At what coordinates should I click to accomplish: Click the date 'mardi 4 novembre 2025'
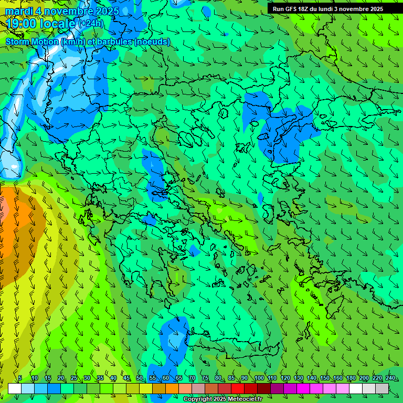62,11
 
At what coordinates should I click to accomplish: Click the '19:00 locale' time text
41,24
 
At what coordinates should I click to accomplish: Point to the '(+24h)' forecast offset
91,24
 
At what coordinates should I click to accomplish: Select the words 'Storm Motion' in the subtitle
32,41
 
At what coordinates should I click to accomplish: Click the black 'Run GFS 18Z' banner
328,8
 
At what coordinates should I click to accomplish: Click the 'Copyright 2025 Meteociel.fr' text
222,399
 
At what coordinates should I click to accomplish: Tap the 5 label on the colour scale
20,378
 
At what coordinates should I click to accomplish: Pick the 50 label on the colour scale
140,378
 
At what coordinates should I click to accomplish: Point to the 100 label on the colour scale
259,378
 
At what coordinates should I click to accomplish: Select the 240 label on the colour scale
390,378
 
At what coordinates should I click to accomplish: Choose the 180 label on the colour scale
351,378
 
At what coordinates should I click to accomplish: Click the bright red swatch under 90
238,388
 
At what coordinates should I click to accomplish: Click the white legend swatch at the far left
15,388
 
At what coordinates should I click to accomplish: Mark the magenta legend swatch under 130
303,388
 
